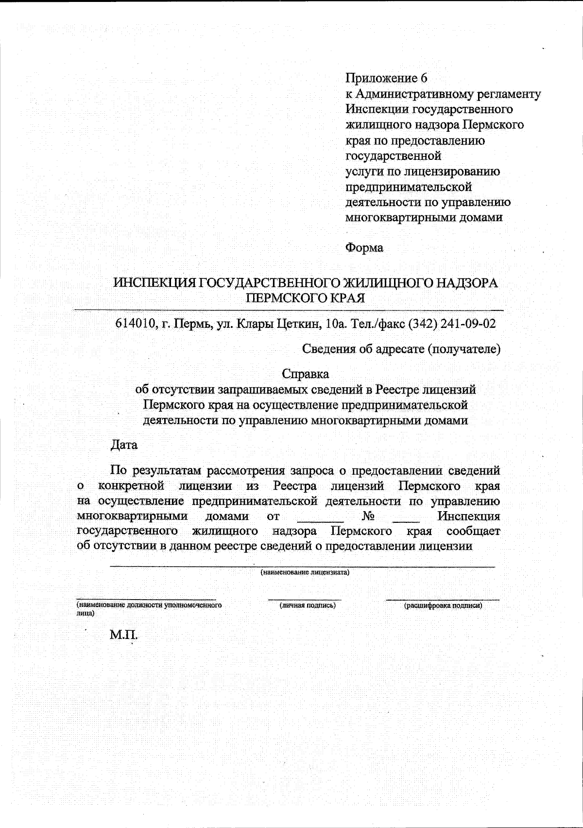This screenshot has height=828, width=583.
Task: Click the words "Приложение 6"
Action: (x=386, y=78)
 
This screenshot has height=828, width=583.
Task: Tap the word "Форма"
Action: (x=364, y=248)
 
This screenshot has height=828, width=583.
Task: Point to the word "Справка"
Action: (x=305, y=374)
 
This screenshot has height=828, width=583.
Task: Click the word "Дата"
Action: (x=124, y=445)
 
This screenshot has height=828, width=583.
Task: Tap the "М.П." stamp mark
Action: (x=124, y=635)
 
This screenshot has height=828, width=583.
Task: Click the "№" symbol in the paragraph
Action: (x=368, y=516)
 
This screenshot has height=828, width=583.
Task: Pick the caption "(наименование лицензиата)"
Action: (x=305, y=572)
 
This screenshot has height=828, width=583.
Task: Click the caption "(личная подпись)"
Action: (x=307, y=605)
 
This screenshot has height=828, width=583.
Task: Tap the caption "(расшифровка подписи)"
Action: (x=443, y=605)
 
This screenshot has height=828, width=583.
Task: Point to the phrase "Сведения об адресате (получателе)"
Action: (x=401, y=349)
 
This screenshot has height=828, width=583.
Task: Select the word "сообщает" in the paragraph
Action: (x=473, y=531)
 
